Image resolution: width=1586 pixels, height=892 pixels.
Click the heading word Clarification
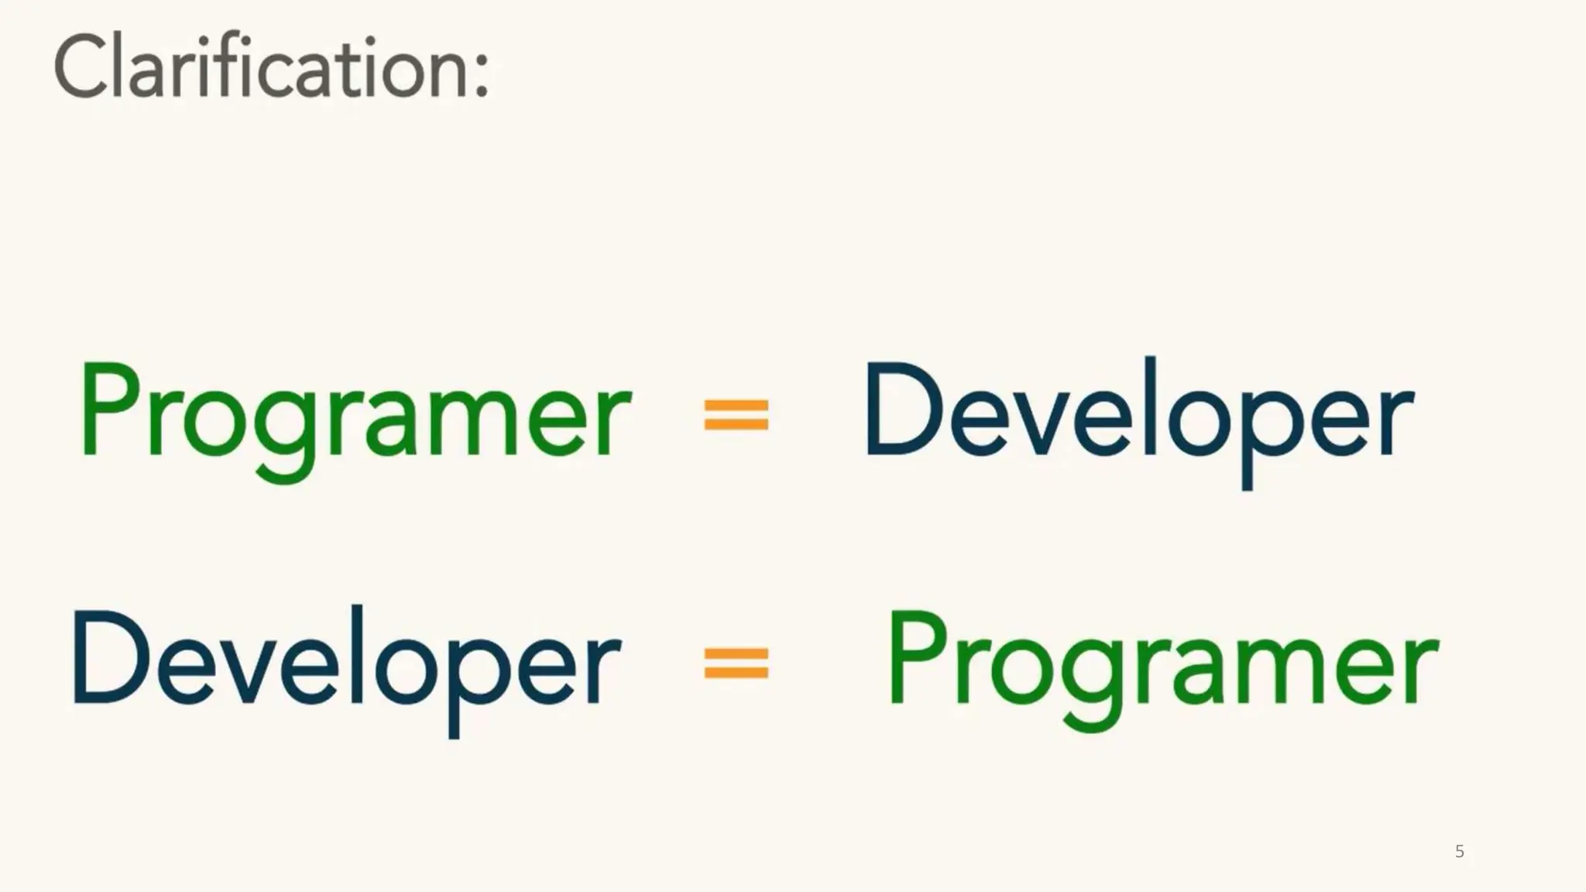(x=263, y=68)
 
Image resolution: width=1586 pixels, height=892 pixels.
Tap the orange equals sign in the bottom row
(x=736, y=663)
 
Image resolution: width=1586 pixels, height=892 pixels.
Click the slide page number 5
(x=1460, y=852)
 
